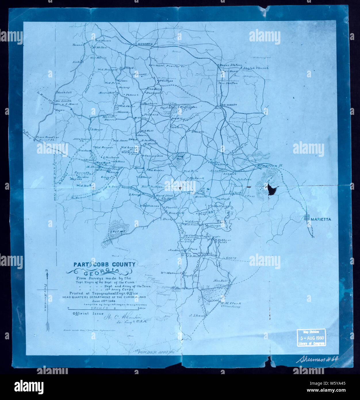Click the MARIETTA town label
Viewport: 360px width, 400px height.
pyautogui.click(x=321, y=219)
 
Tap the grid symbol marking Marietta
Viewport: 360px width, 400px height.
pyautogui.click(x=307, y=218)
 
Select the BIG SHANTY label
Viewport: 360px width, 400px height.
pyautogui.click(x=229, y=105)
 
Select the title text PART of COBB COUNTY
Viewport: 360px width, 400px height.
pyautogui.click(x=104, y=264)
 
